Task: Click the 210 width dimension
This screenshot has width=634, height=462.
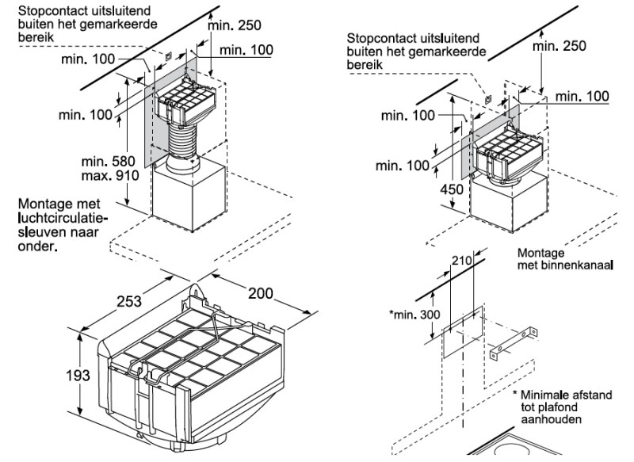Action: click(462, 259)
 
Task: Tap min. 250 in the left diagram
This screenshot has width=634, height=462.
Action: click(235, 25)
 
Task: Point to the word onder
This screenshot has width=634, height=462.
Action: click(37, 246)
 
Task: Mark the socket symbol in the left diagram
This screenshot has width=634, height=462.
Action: click(169, 55)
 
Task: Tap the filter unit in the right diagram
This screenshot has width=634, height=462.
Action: click(511, 153)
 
